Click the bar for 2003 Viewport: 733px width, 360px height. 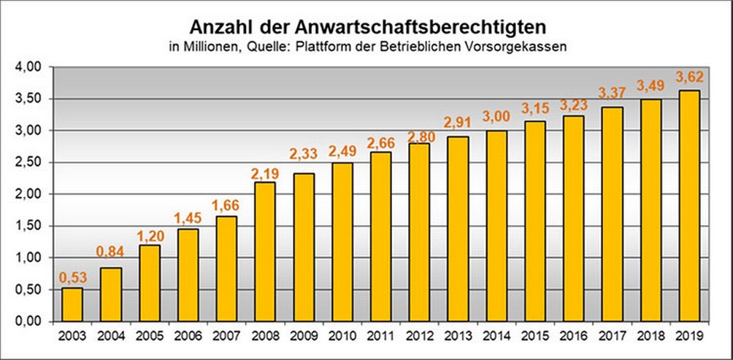[x=72, y=305]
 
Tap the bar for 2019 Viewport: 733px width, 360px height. [x=688, y=206]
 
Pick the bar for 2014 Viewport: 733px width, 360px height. [x=496, y=226]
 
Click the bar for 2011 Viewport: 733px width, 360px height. [x=380, y=237]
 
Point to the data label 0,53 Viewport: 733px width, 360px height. [x=72, y=278]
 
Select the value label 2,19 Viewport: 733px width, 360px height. [x=265, y=173]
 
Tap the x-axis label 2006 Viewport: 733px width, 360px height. [x=188, y=337]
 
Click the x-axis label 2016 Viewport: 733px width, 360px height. [x=573, y=337]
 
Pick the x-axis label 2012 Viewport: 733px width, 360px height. [x=419, y=337]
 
